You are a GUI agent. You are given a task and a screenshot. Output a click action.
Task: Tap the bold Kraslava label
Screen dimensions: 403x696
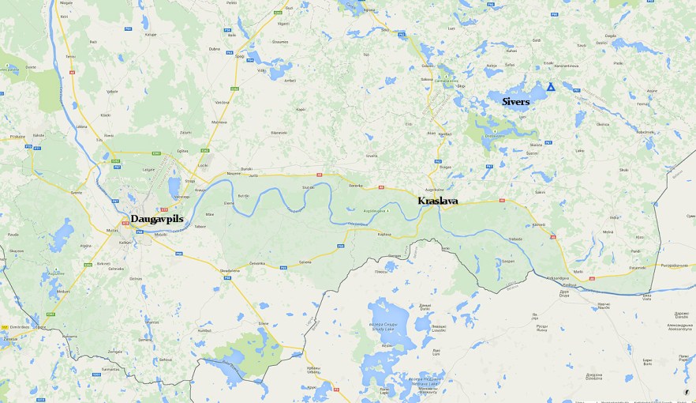click(x=437, y=201)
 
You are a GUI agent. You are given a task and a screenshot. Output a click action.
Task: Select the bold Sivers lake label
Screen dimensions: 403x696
click(x=516, y=102)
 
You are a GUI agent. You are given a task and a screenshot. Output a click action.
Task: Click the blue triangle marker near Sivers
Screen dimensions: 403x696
click(x=551, y=87)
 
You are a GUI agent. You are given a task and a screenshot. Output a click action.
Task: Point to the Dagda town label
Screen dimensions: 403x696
click(x=610, y=36)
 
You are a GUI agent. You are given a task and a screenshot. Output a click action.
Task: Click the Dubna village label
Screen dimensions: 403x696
click(x=214, y=49)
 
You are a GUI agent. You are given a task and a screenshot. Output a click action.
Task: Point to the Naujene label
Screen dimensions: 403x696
click(x=234, y=173)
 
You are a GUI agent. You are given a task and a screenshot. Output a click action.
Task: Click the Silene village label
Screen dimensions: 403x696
click(x=264, y=323)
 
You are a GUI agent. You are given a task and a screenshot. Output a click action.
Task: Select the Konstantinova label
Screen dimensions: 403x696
click(x=567, y=65)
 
